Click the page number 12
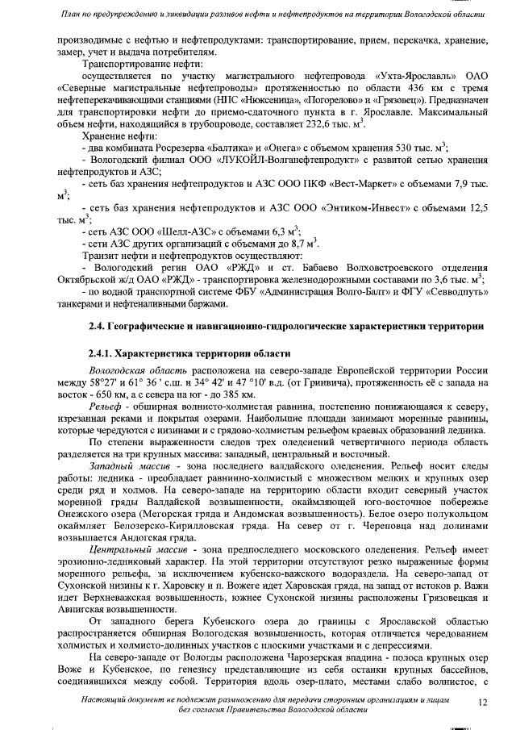coord(483,703)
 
